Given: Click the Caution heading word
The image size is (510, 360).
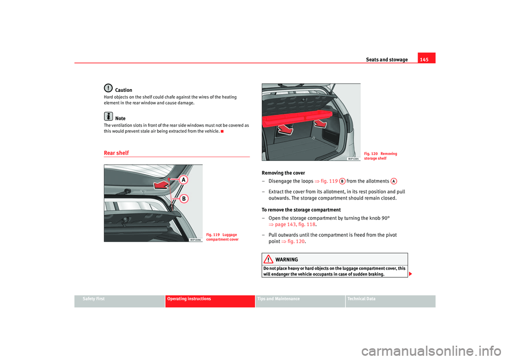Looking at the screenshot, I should [x=123, y=90].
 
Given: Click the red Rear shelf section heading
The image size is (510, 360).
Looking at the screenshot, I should [x=116, y=153].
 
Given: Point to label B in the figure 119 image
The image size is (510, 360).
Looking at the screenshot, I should [x=184, y=199].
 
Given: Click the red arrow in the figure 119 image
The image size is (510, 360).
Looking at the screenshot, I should [x=161, y=184].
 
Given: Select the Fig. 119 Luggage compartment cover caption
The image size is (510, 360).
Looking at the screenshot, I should [x=223, y=237].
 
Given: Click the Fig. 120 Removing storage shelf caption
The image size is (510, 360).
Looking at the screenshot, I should [x=381, y=156].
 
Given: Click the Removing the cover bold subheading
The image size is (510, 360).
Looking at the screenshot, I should [x=283, y=173].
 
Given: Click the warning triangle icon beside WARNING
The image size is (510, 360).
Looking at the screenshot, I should [x=270, y=259].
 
